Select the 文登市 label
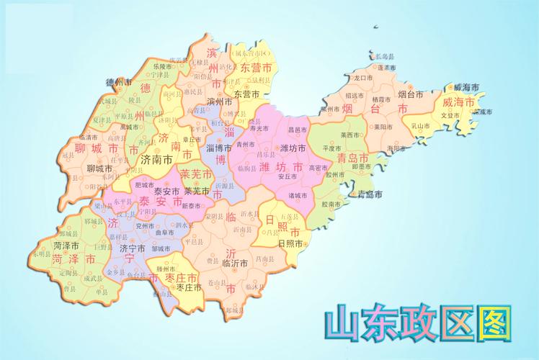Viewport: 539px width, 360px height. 450,115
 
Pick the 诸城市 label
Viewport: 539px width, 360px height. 298,195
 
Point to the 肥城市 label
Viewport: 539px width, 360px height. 144,184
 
